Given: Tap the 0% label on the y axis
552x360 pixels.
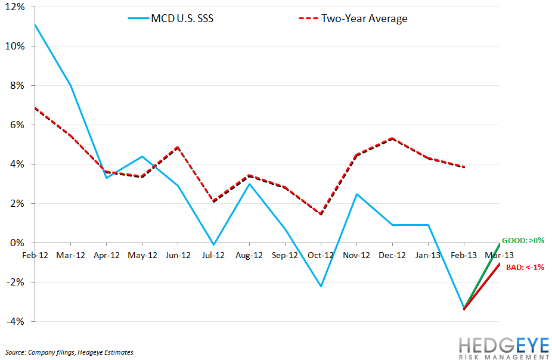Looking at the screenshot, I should click(x=18, y=243).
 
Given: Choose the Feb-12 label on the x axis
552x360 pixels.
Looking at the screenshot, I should click(x=35, y=255).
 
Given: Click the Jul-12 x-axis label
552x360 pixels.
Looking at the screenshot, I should click(x=213, y=255).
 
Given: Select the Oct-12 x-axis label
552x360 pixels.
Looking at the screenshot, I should click(x=321, y=255).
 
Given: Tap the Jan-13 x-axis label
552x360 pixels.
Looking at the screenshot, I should click(x=428, y=255).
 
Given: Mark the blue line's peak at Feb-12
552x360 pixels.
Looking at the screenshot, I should click(x=35, y=24).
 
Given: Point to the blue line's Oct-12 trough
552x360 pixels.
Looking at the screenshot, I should click(x=321, y=287).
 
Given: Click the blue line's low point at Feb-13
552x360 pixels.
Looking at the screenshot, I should click(x=464, y=308).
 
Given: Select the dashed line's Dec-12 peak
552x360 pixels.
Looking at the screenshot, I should click(x=392, y=138).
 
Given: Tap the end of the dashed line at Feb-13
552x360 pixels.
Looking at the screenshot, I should click(x=464, y=167).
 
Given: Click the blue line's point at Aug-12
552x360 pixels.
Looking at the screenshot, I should click(x=249, y=184).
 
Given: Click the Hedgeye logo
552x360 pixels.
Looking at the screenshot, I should click(x=503, y=347).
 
